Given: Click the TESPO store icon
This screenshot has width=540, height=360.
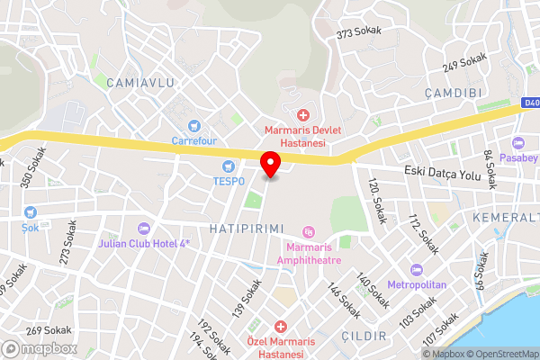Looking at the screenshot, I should (229, 166).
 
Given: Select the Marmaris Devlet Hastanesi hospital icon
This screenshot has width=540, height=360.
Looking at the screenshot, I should (302, 115).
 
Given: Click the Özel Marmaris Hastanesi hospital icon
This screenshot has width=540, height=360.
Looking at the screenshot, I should (281, 326).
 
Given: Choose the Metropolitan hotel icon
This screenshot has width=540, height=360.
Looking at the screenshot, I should (416, 270).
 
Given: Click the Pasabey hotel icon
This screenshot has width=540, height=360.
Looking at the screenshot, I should (517, 143).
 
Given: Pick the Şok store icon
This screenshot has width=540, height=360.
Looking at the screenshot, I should (31, 212).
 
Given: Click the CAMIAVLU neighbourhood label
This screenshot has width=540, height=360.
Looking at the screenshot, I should (139, 83).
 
